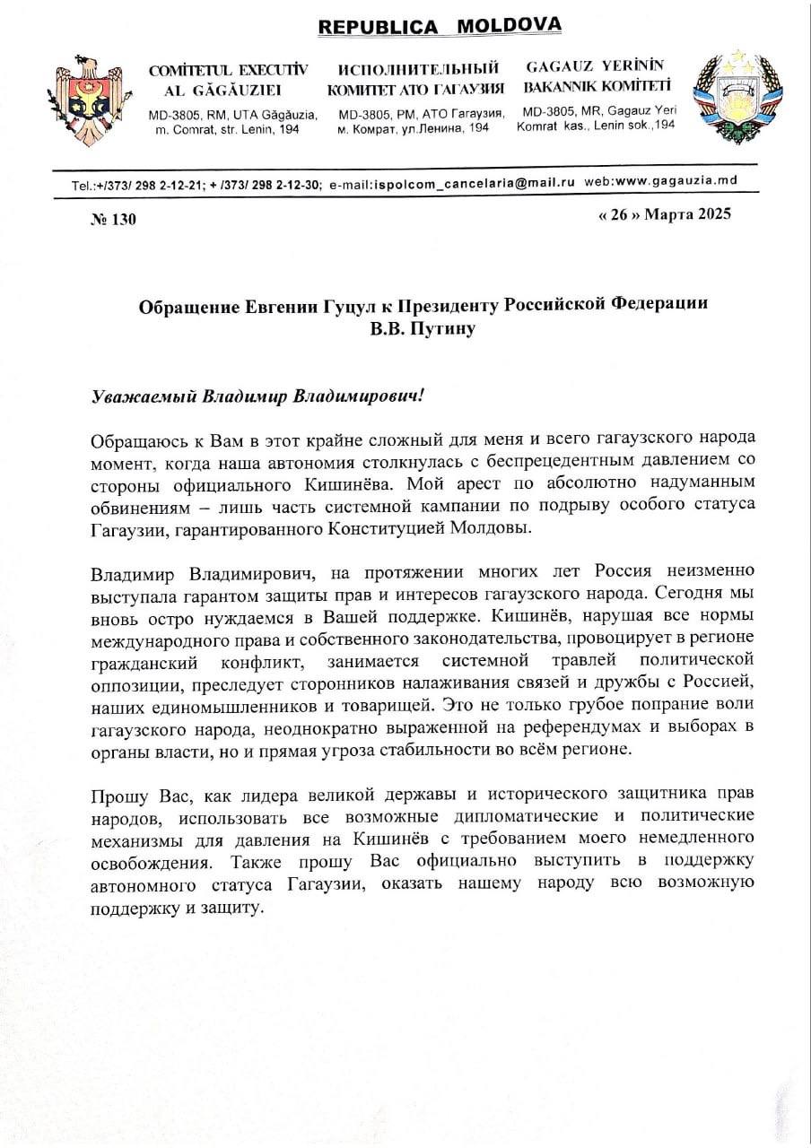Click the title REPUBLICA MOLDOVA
(440, 26)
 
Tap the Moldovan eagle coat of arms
(84, 98)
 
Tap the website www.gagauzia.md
(685, 180)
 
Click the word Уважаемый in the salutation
(144, 396)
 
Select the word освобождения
(150, 862)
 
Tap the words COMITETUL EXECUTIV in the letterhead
(228, 69)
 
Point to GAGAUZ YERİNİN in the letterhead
(595, 65)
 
